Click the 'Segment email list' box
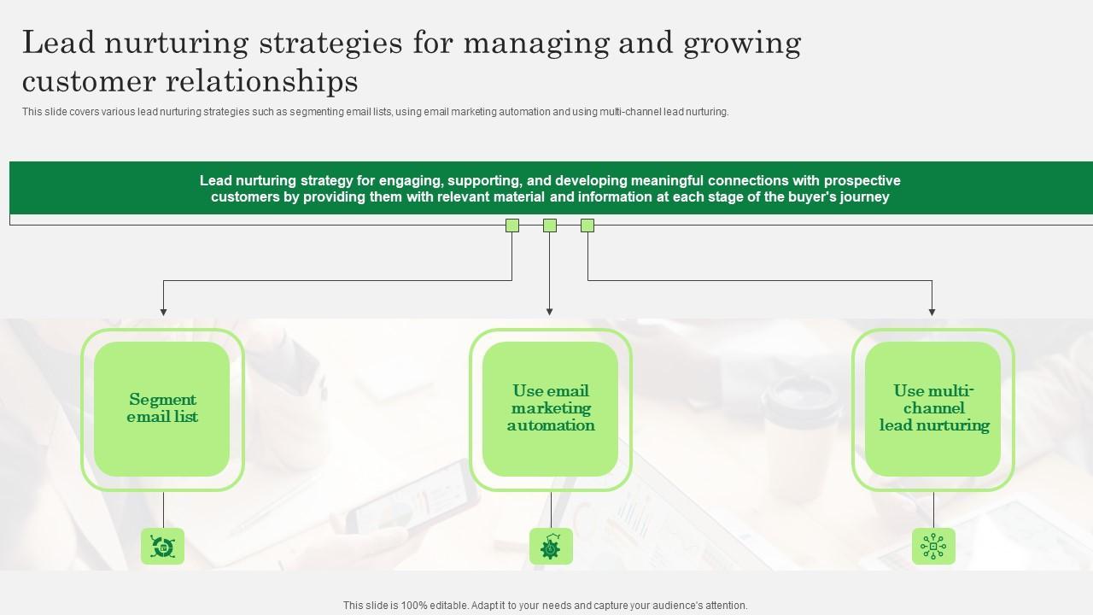tap(162, 409)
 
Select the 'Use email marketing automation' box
tap(550, 409)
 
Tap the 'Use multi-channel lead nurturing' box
tap(932, 409)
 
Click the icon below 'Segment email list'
tap(162, 546)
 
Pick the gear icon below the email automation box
tap(551, 546)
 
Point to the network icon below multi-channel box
tap(933, 546)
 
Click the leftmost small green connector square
tap(512, 225)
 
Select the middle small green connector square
tap(550, 225)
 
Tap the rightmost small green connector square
tap(587, 225)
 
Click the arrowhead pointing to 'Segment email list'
tap(163, 312)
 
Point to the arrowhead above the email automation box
tap(549, 312)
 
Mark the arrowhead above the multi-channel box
tap(932, 312)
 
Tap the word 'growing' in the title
tap(742, 43)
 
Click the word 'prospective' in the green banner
tap(858, 181)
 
